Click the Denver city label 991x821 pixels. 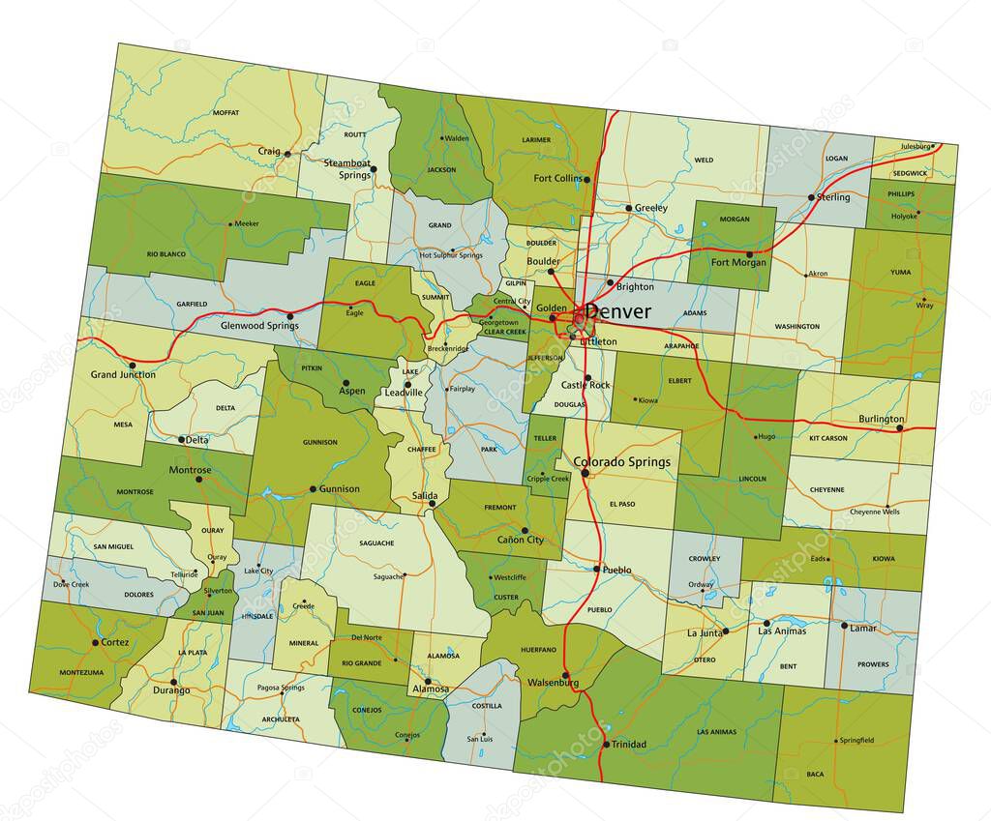618,312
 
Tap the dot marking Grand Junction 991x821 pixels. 133,365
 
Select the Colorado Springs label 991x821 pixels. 622,462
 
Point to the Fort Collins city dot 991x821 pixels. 587,179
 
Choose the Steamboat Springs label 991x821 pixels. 346,168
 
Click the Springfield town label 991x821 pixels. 856,740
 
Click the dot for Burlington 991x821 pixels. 900,428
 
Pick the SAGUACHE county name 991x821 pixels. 377,542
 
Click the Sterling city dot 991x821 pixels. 811,197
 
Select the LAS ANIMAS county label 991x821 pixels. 717,732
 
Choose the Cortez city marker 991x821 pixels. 95,642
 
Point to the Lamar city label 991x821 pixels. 863,628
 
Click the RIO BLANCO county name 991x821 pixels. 165,254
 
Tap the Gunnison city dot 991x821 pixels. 313,489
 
